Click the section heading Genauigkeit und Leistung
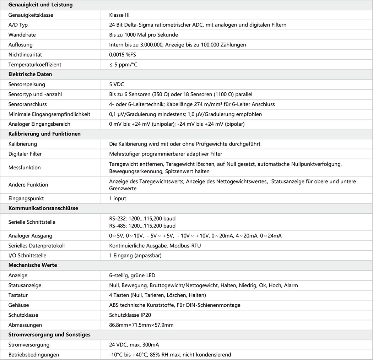point(40,5)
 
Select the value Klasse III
point(122,15)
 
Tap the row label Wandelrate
point(22,35)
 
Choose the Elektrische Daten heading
point(30,75)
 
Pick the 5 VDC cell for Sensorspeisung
point(117,84)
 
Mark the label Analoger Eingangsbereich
point(39,124)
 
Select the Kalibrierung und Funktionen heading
point(44,134)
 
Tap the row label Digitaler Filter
point(26,154)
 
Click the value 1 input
point(118,198)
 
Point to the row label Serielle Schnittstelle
point(32,222)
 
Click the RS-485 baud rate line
point(142,226)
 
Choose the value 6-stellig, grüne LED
point(132,275)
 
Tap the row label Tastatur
point(18,295)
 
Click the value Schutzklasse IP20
point(131,315)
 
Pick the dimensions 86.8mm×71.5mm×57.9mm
point(141,325)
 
